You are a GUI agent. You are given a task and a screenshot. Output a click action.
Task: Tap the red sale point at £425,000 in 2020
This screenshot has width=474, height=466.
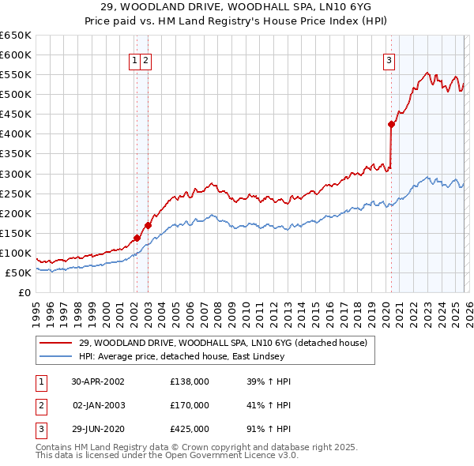pos(391,124)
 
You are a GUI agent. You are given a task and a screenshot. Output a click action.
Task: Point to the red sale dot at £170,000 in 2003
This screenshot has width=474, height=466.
pos(148,225)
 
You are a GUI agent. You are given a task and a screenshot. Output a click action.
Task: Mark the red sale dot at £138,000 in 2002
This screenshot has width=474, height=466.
pos(137,238)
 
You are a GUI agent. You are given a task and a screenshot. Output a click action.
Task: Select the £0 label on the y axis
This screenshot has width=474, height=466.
pos(24,293)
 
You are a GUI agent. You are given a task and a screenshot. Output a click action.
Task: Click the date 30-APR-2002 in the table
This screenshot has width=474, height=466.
pos(98,381)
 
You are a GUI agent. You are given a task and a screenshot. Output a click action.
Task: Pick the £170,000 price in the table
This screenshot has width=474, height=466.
pos(190,405)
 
